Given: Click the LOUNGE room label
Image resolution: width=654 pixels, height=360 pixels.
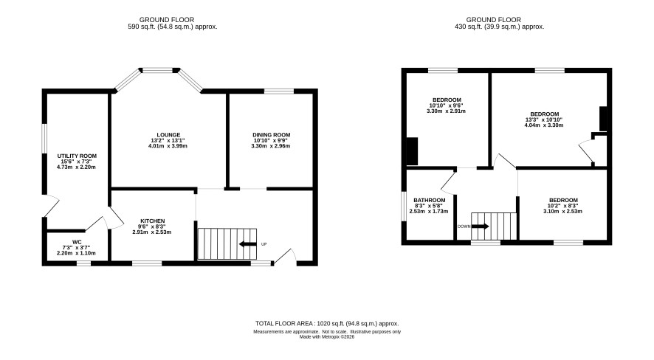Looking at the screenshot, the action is tap(168, 135).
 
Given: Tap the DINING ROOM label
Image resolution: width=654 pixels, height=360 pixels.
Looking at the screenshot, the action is tap(271, 135).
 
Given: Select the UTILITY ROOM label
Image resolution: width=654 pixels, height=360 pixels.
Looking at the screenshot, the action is tap(77, 156).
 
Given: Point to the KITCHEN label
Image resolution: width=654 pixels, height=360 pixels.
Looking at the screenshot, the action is tap(152, 221).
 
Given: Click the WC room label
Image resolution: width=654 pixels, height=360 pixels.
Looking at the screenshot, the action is tap(77, 242).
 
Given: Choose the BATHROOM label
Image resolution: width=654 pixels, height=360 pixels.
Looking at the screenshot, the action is tap(429, 201).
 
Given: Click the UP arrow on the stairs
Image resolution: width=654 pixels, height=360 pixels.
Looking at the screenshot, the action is tap(248, 244).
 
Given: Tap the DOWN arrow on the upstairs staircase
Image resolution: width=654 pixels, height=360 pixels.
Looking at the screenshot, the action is tap(480, 226).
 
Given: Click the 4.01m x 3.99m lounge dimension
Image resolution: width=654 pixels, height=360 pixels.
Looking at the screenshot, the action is tap(168, 146).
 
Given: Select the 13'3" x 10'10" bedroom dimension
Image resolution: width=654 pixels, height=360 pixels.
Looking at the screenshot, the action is tap(544, 120).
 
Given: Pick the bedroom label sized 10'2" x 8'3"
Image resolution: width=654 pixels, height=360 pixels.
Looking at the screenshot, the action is tap(563, 201).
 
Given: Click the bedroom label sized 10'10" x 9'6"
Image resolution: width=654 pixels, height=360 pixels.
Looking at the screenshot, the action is tap(447, 100).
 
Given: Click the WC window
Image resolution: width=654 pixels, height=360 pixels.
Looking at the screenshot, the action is tap(84, 263).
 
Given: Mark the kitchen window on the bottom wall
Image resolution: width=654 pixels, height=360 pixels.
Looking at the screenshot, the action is tap(147, 263).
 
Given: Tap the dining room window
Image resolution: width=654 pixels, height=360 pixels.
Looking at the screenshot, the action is tap(279, 91).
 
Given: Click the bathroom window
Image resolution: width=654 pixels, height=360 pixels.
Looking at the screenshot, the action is tap(404, 207).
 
